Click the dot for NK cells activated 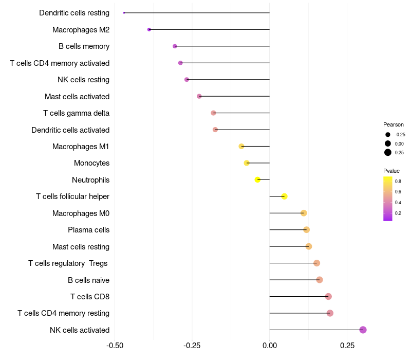coord(363,330)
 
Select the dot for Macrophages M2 coord(149,29)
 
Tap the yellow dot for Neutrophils coord(258,179)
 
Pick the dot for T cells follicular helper coord(284,196)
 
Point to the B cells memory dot coord(175,46)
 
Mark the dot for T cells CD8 coord(328,296)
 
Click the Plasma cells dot coord(306,230)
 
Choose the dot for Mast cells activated coord(199,96)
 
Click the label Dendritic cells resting coord(74,13)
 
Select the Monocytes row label coord(91,163)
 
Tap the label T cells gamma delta coord(76,113)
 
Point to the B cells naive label coord(88,280)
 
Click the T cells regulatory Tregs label coord(68,263)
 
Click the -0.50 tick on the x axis coord(115,345)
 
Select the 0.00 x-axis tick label coord(269,345)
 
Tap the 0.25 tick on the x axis coord(347,345)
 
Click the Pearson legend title coord(394,124)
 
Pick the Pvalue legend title coord(391,171)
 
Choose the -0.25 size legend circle coord(387,135)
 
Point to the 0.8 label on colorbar coord(398,181)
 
